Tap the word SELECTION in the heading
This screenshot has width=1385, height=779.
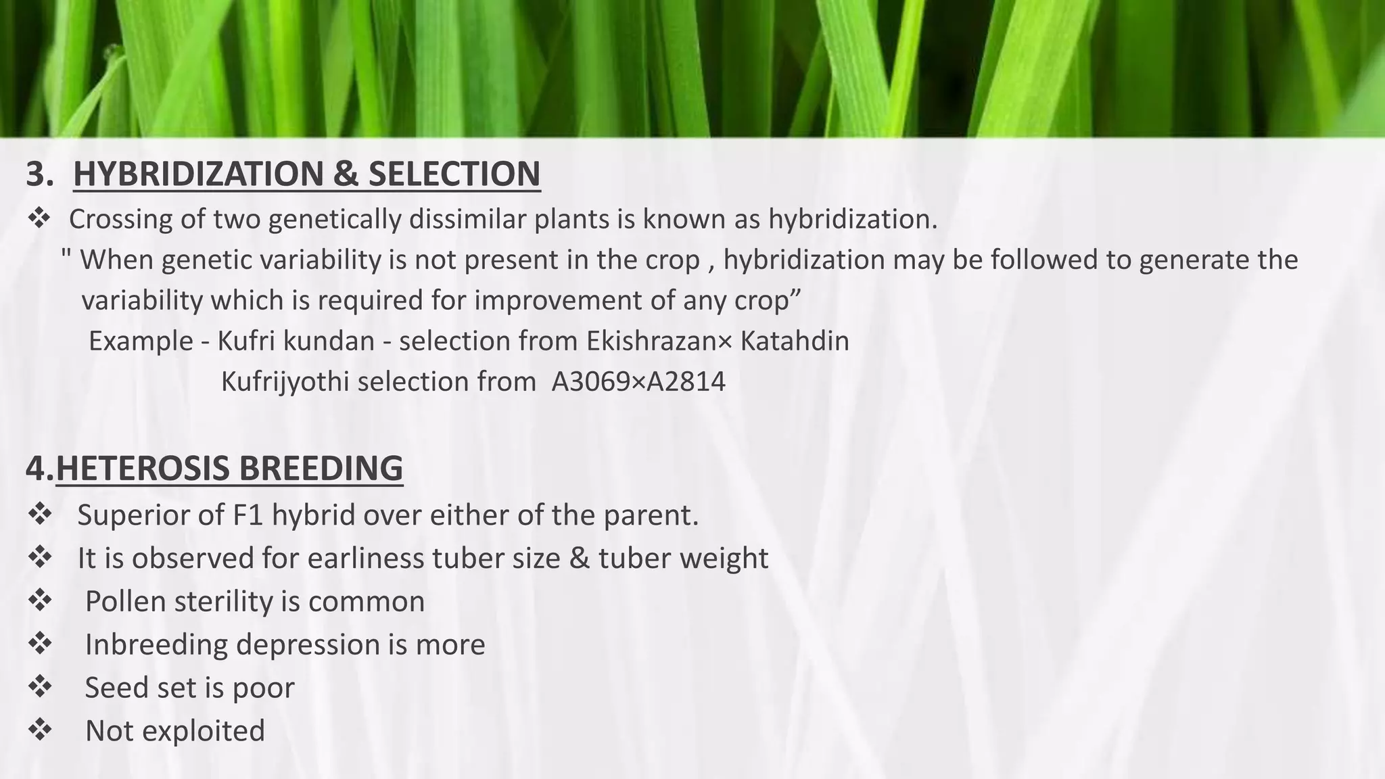[454, 174]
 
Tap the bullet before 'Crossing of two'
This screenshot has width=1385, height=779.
[39, 218]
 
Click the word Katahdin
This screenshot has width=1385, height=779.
[795, 341]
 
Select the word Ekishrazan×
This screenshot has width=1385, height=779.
[659, 341]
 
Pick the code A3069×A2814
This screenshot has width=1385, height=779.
[638, 381]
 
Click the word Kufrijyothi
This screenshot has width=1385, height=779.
[285, 381]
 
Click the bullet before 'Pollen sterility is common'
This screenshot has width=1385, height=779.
[40, 601]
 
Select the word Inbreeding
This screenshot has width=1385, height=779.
[156, 644]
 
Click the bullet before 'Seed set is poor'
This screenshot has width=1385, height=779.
[40, 687]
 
